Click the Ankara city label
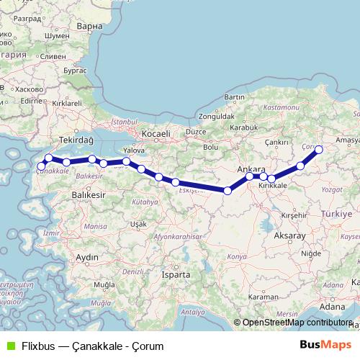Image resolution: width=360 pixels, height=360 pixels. [x=251, y=169]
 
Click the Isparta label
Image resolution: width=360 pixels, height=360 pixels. [x=176, y=274]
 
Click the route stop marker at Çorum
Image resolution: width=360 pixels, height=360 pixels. [x=319, y=150]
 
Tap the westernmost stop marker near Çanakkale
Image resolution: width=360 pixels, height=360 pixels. [x=41, y=168]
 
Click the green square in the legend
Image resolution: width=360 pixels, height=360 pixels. [x=9, y=346]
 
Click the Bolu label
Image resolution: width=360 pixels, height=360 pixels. [x=210, y=147]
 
